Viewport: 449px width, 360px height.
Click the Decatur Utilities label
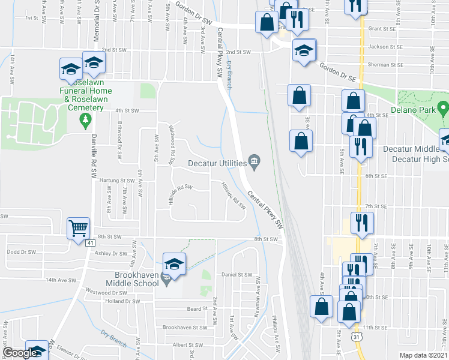217,163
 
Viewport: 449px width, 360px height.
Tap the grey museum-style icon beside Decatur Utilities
255,162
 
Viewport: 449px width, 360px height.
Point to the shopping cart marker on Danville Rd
79,229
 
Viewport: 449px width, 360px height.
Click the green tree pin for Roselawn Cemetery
85,121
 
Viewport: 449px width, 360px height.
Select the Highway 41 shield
88,243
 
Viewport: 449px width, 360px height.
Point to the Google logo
19,353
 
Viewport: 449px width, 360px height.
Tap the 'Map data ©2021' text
423,355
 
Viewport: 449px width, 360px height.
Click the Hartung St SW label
118,180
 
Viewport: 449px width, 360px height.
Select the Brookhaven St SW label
185,328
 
